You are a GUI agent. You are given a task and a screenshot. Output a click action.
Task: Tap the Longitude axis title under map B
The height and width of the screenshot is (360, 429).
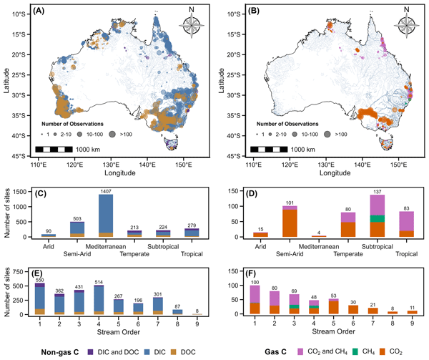pyautogui.click(x=325, y=173)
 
